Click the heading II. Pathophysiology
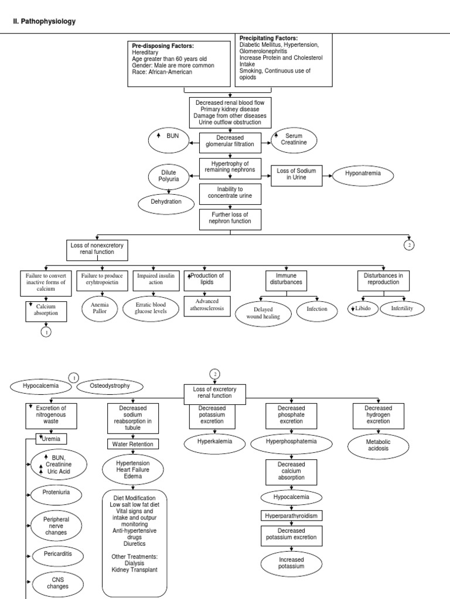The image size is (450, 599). [x=44, y=22]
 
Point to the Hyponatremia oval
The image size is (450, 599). [x=362, y=174]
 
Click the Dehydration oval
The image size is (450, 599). [x=166, y=202]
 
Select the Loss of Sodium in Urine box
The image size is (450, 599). [x=296, y=174]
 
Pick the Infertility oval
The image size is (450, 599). [x=401, y=308]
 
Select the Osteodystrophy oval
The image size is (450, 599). [x=109, y=386]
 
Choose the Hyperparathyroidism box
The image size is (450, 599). [x=291, y=515]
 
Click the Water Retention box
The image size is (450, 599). [x=132, y=444]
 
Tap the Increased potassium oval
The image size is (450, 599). [x=291, y=563]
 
